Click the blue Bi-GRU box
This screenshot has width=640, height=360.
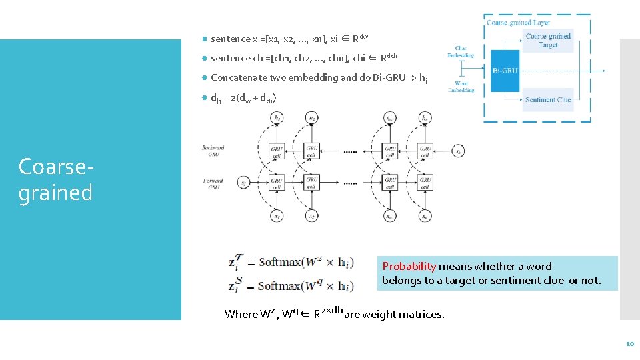505,71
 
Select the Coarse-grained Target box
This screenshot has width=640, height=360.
548,41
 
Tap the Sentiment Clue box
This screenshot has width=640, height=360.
548,99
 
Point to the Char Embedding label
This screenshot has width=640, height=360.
461,51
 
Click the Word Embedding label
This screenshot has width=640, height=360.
461,87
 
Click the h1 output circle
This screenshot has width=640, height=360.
277,117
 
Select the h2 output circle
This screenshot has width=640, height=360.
312,117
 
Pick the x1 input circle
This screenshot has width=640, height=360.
277,215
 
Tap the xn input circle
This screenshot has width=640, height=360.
425,215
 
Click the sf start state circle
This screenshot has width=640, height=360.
244,182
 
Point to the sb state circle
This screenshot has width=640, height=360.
457,151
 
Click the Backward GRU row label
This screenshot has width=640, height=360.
213,151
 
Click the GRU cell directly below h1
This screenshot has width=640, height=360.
277,151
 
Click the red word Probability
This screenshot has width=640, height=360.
409,267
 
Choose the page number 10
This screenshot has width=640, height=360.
629,344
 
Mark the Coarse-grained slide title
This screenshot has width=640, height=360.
55,179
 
